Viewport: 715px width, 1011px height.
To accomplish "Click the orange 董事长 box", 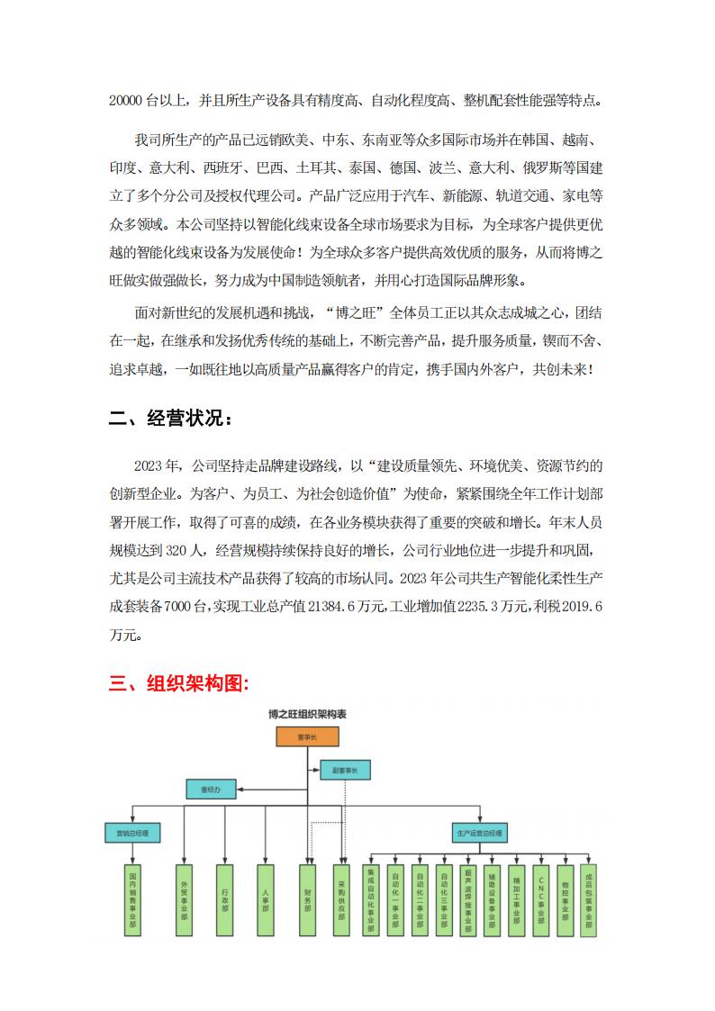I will [x=308, y=737].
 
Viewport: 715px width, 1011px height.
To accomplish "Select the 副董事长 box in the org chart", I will [x=345, y=771].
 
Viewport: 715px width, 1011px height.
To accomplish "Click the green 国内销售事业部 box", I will [x=132, y=899].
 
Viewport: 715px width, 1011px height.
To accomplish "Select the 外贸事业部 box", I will [x=184, y=899].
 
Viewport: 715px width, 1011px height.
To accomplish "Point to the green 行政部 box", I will [x=225, y=899].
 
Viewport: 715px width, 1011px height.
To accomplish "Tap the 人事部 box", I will [x=266, y=899].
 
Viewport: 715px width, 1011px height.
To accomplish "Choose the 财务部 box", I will [x=307, y=899].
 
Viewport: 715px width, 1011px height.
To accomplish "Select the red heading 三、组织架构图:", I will [x=179, y=683].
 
